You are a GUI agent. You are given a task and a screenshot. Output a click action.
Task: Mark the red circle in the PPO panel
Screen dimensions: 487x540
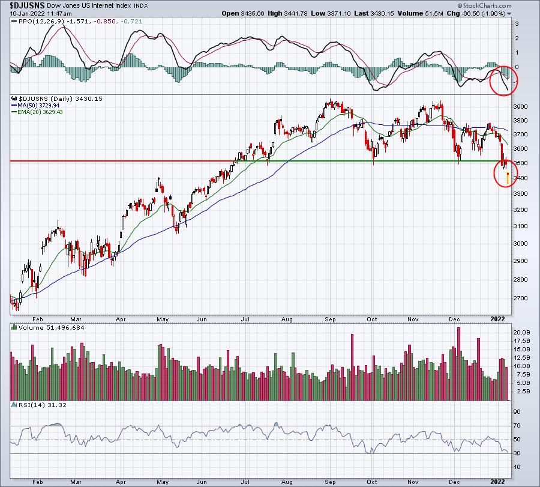(502, 80)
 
